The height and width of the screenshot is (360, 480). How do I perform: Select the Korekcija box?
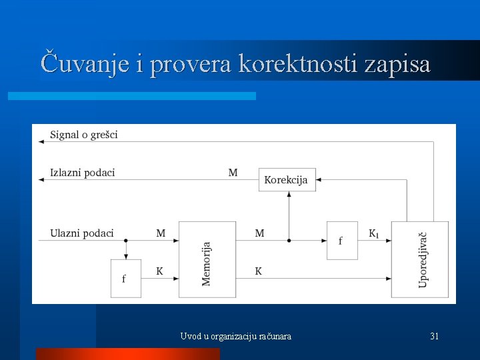point(287,179)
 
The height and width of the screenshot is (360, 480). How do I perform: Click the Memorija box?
point(207,260)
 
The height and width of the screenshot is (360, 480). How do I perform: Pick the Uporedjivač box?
point(420,260)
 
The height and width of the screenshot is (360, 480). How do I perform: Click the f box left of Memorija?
point(125,278)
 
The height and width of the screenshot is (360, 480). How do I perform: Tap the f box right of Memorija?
point(342,240)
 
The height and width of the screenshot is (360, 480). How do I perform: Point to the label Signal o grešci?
point(84,135)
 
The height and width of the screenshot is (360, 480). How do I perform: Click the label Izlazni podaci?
point(82,173)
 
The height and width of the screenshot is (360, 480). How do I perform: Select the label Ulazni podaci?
point(81,233)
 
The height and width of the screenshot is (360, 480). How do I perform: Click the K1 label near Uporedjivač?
point(375,233)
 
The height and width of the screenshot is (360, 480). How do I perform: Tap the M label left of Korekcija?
point(233,173)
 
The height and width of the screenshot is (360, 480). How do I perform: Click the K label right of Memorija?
point(259,271)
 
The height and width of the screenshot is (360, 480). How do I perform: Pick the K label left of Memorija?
point(160,271)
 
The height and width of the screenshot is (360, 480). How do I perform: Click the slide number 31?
point(434,337)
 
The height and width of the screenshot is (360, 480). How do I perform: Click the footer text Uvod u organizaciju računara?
point(235,337)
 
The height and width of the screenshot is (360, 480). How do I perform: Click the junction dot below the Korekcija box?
point(288,240)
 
